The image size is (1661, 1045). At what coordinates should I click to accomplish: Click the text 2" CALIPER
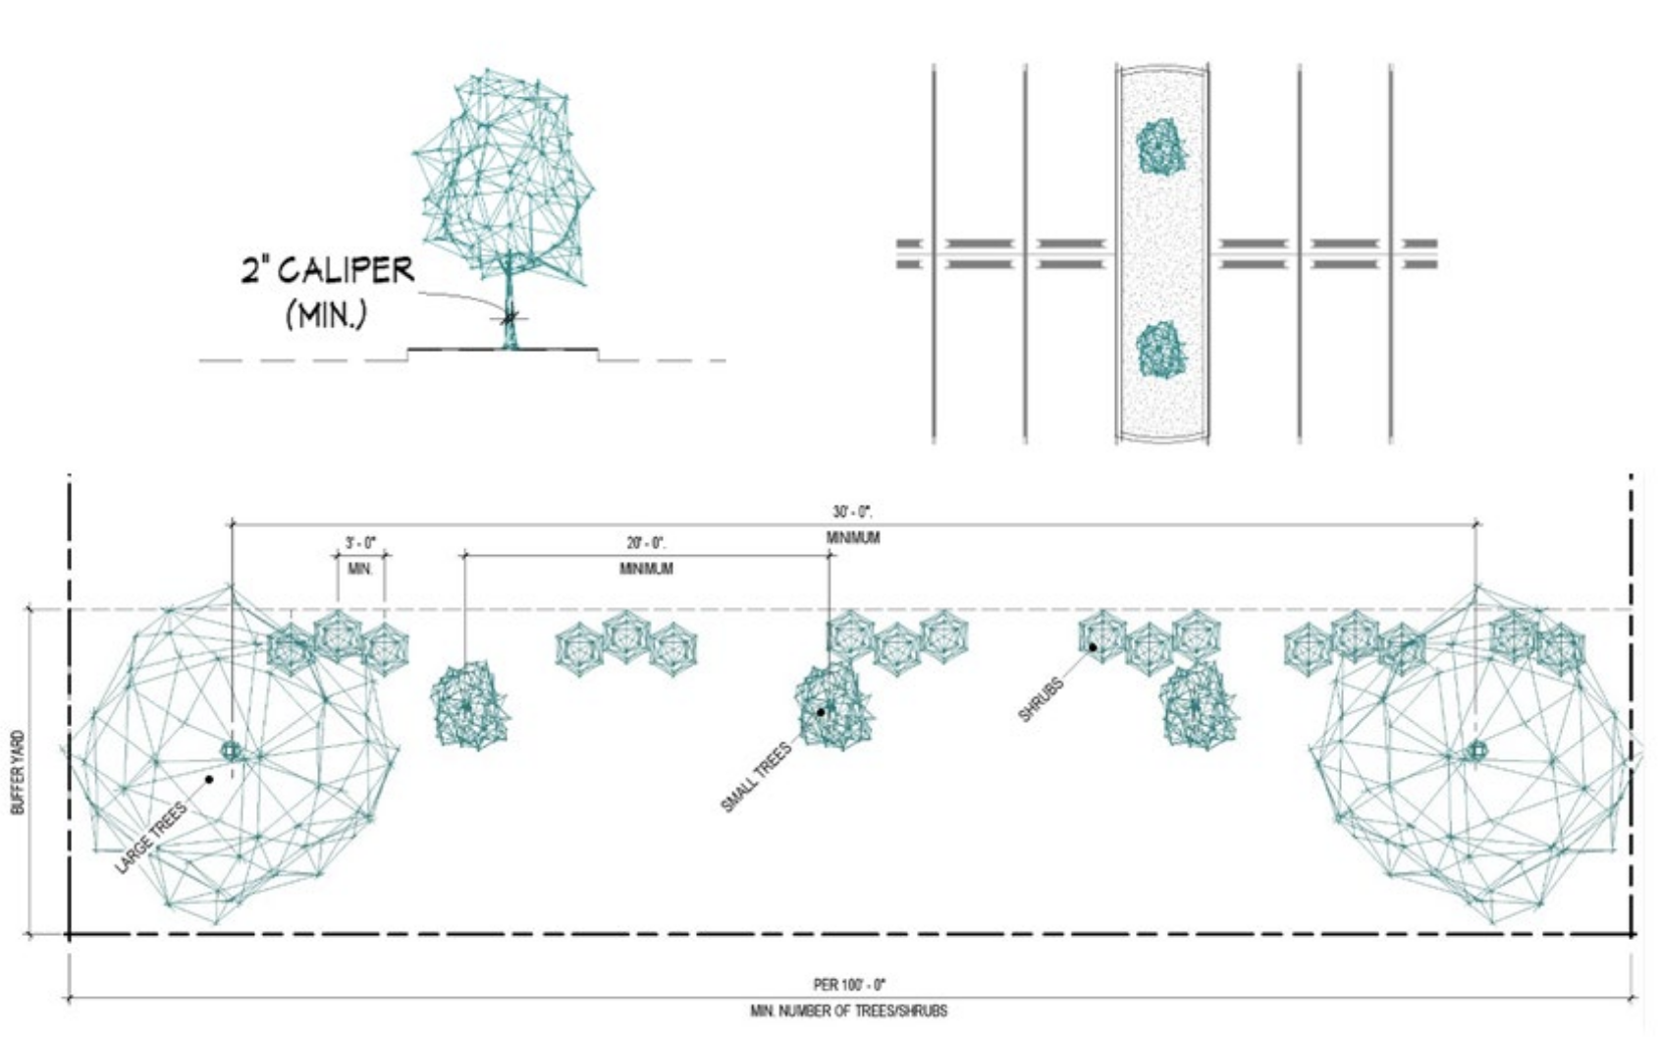[x=327, y=270]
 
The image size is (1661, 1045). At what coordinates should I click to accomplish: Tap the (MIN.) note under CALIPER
[x=326, y=315]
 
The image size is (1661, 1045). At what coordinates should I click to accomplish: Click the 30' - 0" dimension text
[x=853, y=512]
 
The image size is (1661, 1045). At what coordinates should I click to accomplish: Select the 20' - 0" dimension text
[x=646, y=543]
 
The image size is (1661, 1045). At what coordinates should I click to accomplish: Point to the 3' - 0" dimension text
[x=360, y=543]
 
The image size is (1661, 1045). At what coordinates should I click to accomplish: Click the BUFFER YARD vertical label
[x=19, y=772]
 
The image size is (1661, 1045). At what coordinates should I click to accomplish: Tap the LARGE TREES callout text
[x=151, y=838]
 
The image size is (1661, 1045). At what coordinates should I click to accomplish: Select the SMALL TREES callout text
[x=756, y=777]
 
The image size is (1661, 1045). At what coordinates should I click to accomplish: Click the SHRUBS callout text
[x=1042, y=699]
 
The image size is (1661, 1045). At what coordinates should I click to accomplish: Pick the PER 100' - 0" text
[x=850, y=985]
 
